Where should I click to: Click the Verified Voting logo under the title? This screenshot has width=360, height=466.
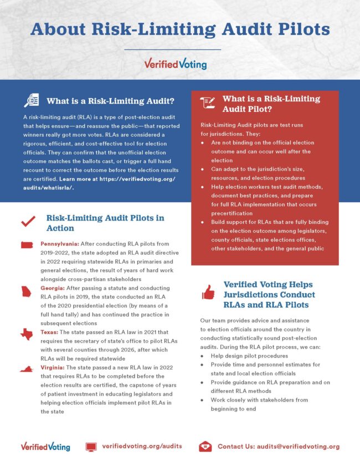click(x=175, y=64)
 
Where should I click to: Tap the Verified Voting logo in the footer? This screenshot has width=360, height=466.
click(x=45, y=446)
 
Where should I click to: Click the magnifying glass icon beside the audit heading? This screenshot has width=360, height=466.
click(x=31, y=101)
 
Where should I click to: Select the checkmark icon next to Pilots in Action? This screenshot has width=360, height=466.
click(x=28, y=222)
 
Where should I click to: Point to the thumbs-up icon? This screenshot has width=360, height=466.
click(x=208, y=292)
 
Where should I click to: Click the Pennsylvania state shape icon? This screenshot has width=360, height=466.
click(x=26, y=245)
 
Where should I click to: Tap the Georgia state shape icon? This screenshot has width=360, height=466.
click(x=26, y=292)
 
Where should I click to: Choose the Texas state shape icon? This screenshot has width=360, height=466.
click(x=26, y=334)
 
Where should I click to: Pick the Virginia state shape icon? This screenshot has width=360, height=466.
click(x=26, y=369)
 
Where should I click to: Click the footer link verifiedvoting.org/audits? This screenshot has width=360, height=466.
click(x=142, y=446)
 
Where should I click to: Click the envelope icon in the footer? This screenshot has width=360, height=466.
click(x=205, y=446)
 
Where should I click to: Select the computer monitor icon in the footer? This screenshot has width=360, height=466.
click(x=91, y=446)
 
